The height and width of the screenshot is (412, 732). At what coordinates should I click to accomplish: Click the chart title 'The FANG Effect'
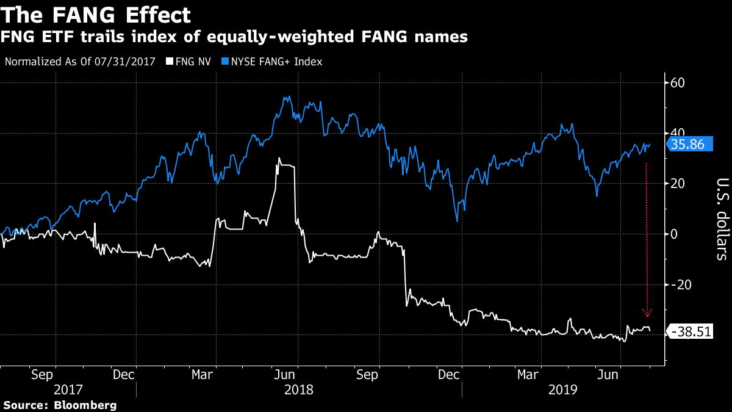[96, 15]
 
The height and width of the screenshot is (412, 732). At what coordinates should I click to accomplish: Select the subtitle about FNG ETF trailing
[234, 38]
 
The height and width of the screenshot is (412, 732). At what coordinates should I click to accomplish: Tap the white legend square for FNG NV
[169, 62]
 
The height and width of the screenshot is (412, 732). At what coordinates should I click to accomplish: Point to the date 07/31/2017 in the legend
[130, 62]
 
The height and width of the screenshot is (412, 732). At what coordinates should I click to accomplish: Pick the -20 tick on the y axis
[681, 284]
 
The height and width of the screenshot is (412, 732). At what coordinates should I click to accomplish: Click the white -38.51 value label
[691, 332]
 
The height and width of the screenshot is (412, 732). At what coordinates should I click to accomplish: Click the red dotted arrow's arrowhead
[647, 313]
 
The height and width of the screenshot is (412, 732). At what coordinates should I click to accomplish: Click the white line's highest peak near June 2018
[279, 158]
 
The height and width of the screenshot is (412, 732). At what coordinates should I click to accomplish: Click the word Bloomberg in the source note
[85, 405]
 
